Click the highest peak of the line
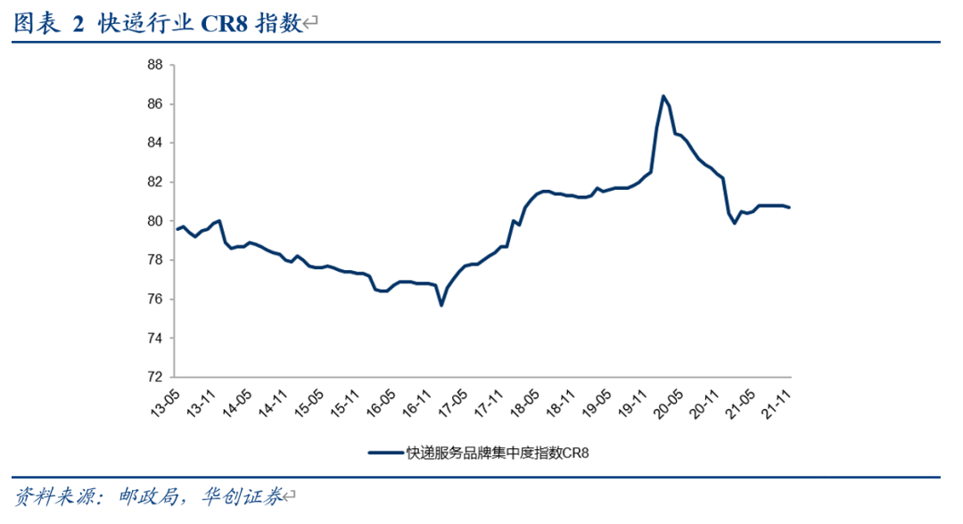coord(663,95)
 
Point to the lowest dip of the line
coord(441,306)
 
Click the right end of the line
coord(789,208)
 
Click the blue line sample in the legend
coord(385,453)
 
